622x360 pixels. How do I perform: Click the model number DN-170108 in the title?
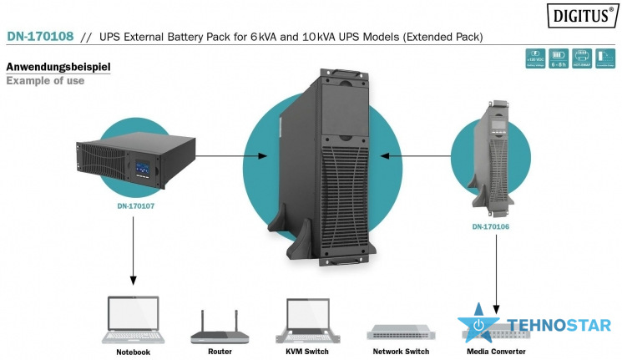click(x=40, y=37)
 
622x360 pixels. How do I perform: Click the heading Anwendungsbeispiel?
click(x=58, y=66)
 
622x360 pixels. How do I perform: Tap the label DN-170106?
click(x=492, y=226)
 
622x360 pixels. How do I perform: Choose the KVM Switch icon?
click(x=304, y=321)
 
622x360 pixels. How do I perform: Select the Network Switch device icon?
click(x=400, y=332)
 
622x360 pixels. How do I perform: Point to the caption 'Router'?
click(x=220, y=352)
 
